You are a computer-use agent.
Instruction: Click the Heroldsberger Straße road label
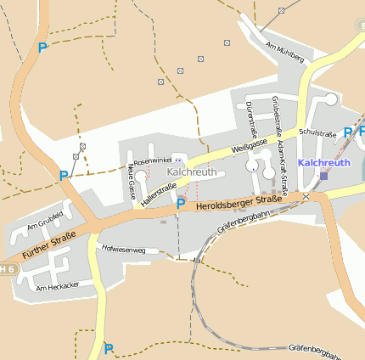click(239, 200)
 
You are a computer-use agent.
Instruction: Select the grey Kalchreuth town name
click(192, 172)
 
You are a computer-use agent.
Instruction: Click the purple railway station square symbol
click(323, 177)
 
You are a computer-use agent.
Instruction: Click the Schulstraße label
click(318, 133)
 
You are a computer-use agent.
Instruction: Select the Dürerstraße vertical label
click(250, 118)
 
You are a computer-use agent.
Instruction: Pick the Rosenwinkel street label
click(152, 160)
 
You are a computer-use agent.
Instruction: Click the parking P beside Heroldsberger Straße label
click(180, 204)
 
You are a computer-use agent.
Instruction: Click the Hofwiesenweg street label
click(124, 250)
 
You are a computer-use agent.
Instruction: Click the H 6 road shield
click(8, 268)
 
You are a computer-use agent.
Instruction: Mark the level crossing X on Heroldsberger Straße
click(306, 196)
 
